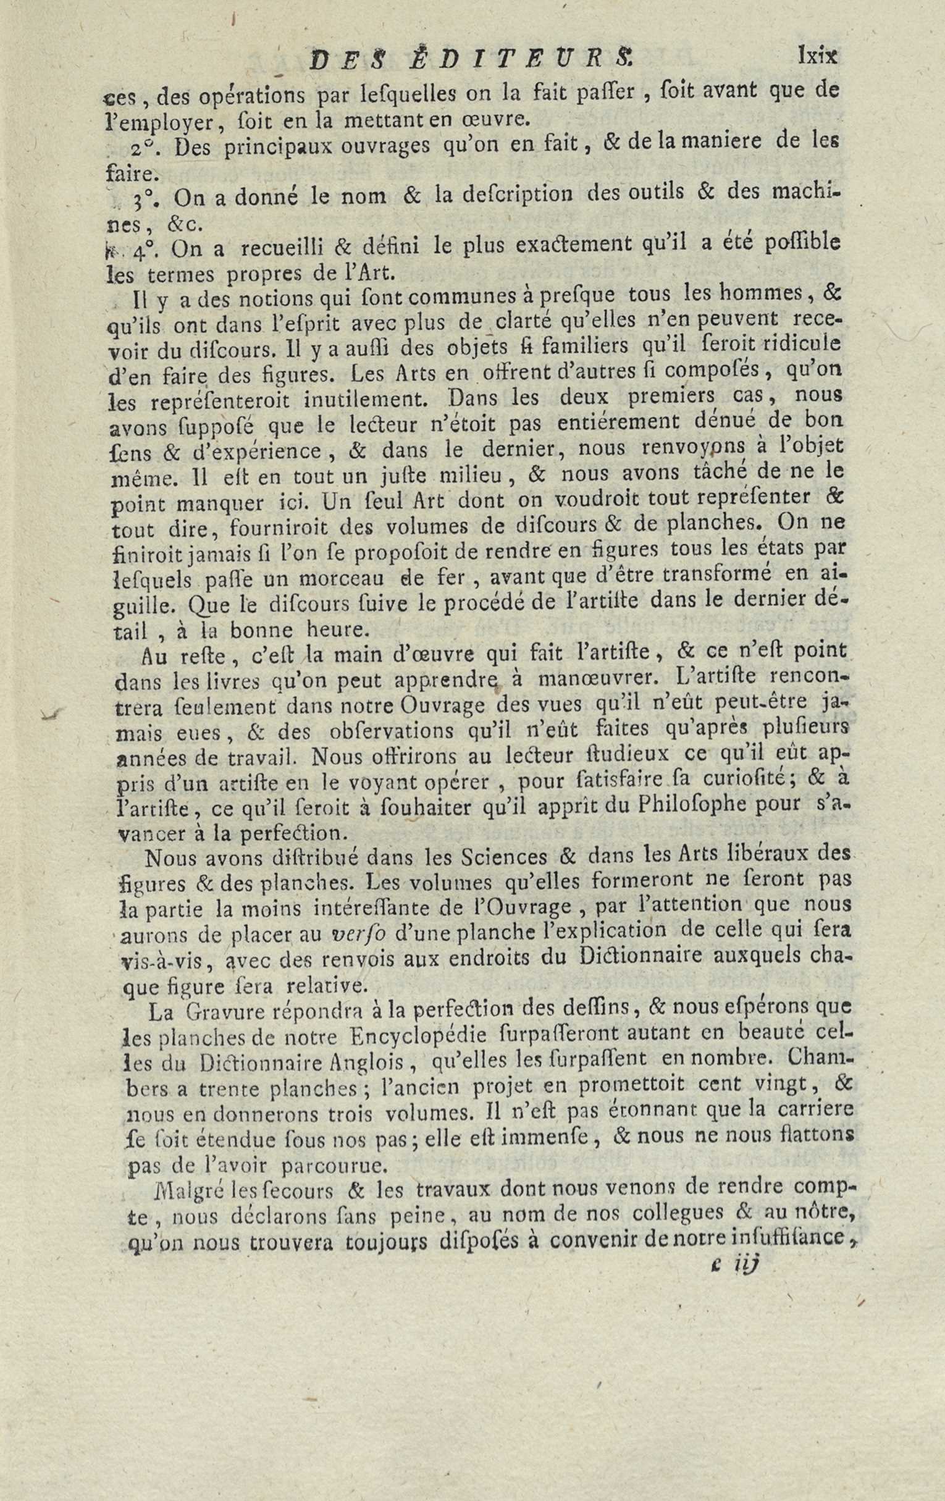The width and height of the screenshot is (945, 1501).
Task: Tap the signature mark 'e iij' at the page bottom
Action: pos(736,1434)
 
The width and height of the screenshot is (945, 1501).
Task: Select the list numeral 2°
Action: pos(144,151)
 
